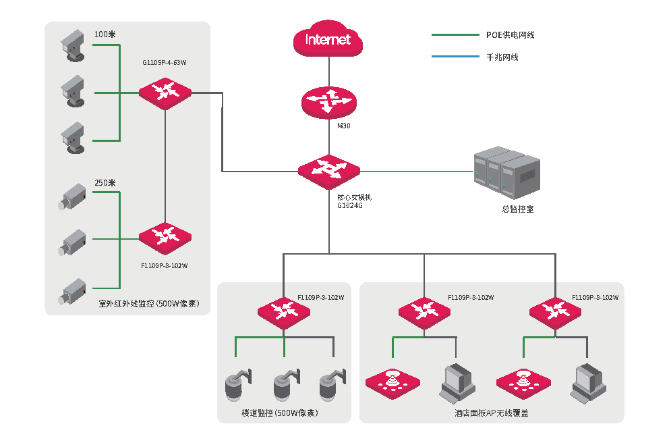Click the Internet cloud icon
point(328,38)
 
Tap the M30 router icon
point(328,103)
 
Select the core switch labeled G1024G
point(329,172)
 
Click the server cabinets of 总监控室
point(507,173)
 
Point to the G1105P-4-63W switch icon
point(165,93)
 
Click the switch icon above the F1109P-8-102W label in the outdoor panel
point(165,238)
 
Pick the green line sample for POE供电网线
point(455,35)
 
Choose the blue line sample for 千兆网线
point(455,57)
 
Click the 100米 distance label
point(105,34)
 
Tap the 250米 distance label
point(105,183)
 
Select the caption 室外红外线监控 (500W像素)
point(149,303)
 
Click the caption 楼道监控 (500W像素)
point(279,413)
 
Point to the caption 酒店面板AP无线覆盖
point(492,413)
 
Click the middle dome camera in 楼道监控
point(287,385)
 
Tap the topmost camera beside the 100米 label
point(73,45)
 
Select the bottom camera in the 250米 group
point(72,292)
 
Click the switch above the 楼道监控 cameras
point(284,313)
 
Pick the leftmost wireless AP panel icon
point(393,384)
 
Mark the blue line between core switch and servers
point(417,172)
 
